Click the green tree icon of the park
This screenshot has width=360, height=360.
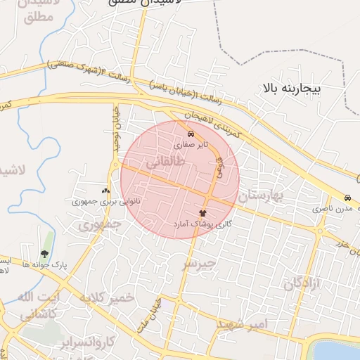(45, 254)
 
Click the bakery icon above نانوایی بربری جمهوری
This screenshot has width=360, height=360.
(106, 191)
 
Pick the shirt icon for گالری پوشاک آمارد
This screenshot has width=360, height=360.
(203, 212)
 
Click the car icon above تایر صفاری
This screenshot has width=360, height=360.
(191, 134)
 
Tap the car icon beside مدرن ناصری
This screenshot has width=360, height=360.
(348, 198)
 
